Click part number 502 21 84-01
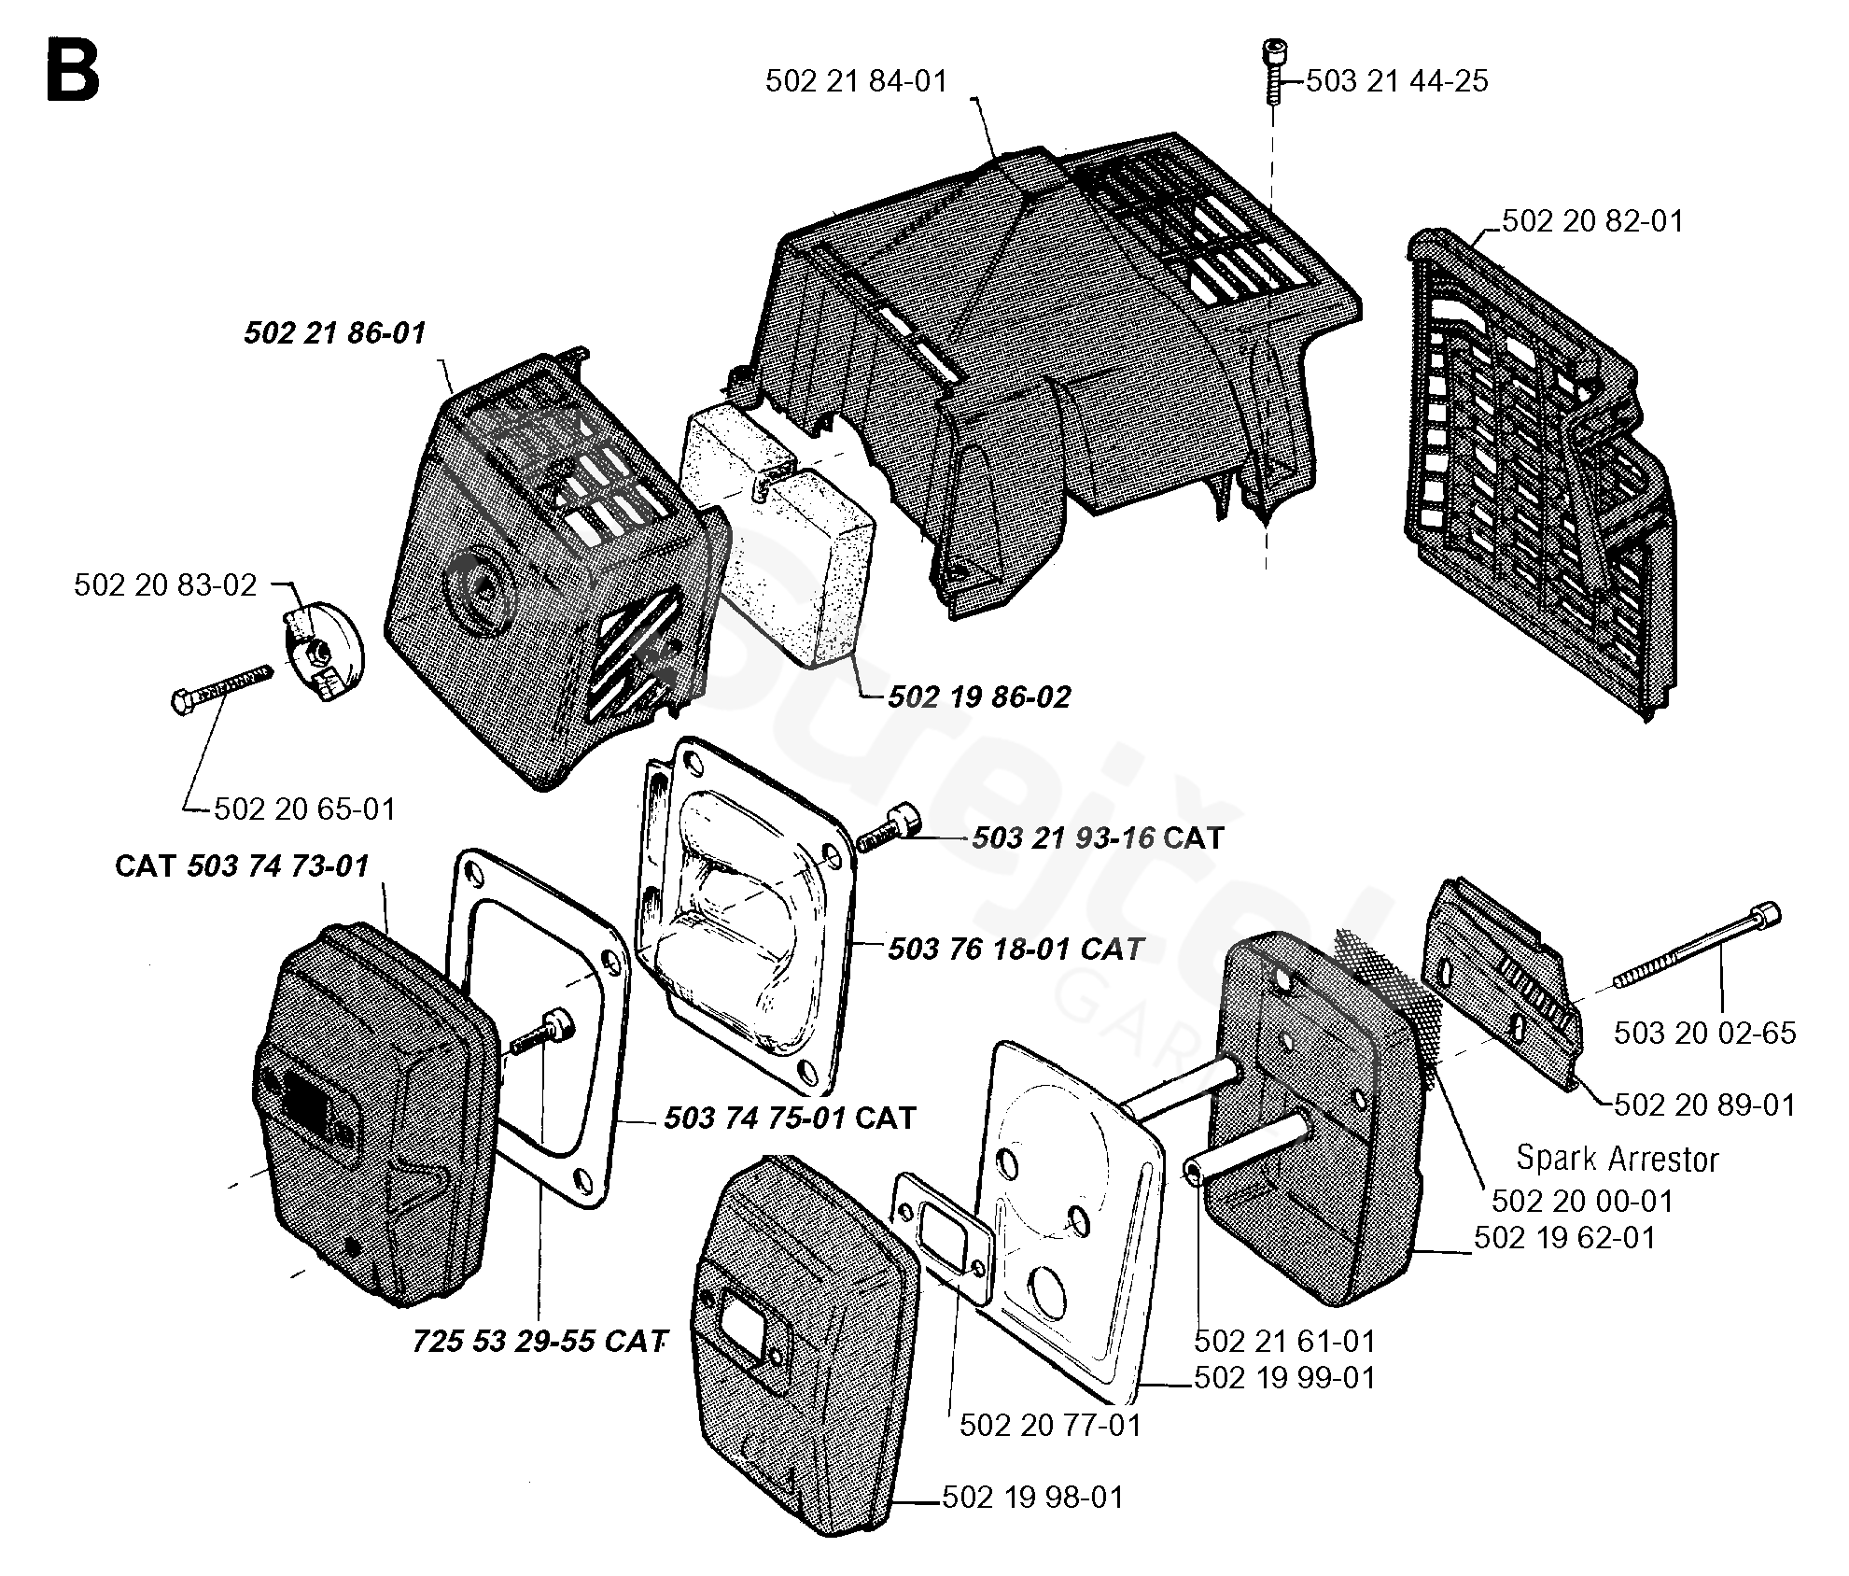[856, 81]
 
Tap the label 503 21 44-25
[1396, 81]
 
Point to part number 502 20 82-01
[1592, 221]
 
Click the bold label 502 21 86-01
[335, 333]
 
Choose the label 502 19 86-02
[979, 697]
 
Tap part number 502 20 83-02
[165, 585]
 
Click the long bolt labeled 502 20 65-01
[221, 689]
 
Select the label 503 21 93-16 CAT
[1098, 837]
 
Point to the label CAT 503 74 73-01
[242, 865]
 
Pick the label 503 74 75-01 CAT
[790, 1118]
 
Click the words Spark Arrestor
[1618, 1159]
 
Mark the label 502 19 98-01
[1033, 1498]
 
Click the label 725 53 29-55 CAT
[540, 1342]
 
